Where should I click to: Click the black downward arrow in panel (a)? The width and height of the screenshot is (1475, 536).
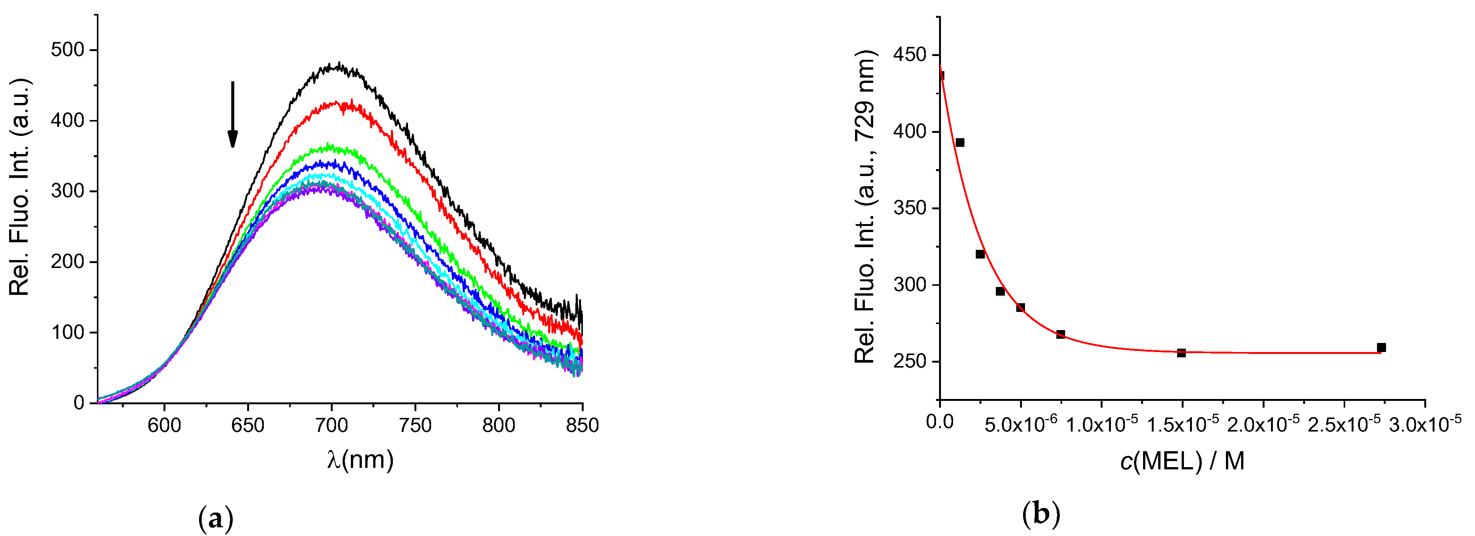pyautogui.click(x=232, y=115)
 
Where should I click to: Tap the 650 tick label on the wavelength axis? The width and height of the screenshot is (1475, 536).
pyautogui.click(x=248, y=425)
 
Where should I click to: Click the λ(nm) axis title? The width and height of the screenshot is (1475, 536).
pyautogui.click(x=360, y=460)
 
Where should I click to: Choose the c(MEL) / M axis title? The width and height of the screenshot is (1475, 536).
pyautogui.click(x=1182, y=461)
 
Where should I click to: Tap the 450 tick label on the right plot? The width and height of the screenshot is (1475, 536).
pyautogui.click(x=910, y=55)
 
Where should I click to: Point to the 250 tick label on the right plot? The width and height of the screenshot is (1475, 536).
pyautogui.click(x=910, y=361)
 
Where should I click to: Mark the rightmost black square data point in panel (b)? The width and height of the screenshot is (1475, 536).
pyautogui.click(x=1381, y=347)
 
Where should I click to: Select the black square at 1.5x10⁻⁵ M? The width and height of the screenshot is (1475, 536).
pyautogui.click(x=1181, y=353)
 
